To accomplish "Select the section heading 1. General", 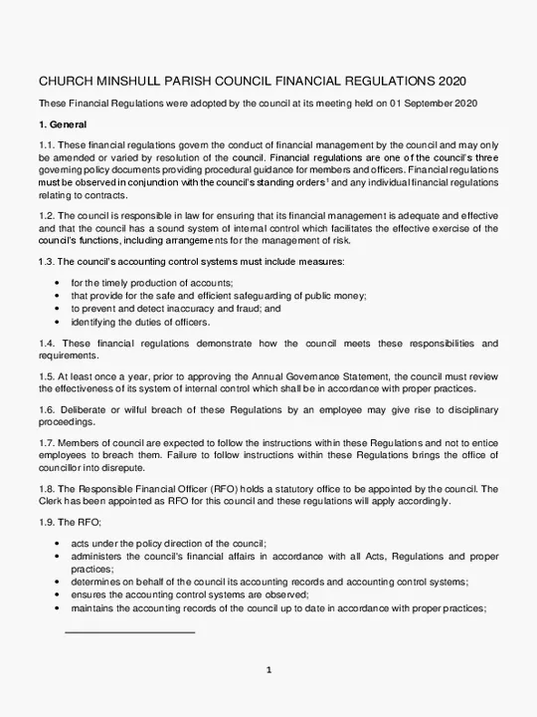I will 64,125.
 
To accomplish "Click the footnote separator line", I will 129,631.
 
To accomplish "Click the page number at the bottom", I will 268,669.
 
